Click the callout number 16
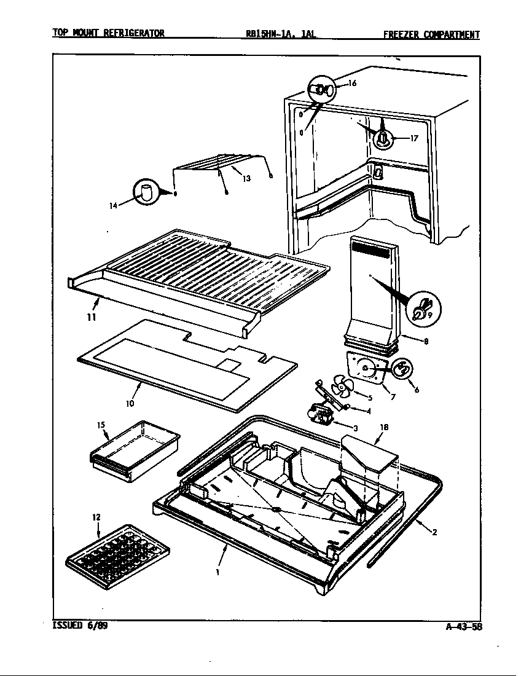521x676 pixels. coord(353,84)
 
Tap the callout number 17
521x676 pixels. coord(413,138)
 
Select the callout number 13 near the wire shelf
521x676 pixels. coord(246,179)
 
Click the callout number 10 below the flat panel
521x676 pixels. coord(130,403)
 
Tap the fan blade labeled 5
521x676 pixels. coord(340,388)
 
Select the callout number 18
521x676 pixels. coord(384,426)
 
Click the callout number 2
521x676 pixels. coord(434,532)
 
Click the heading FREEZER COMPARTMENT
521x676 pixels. coord(431,34)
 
